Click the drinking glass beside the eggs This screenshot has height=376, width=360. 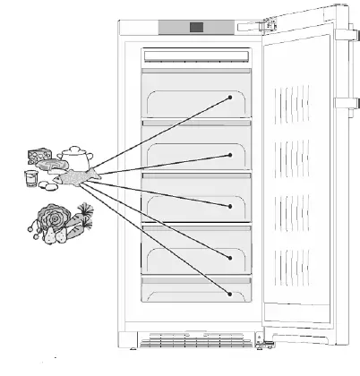[30, 178]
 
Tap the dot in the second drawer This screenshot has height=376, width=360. [230, 154]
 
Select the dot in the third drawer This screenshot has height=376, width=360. [230, 207]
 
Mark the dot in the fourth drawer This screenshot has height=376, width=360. [230, 257]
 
